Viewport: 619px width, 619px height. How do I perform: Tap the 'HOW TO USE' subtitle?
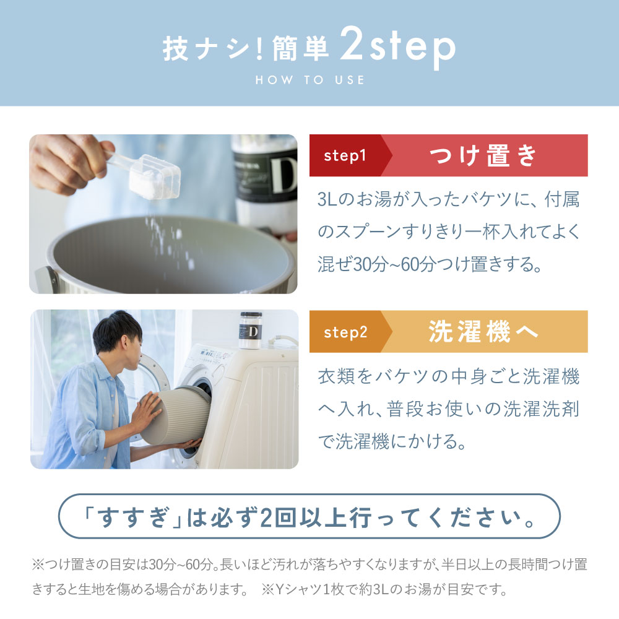310,80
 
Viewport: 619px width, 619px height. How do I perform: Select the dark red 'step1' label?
345,155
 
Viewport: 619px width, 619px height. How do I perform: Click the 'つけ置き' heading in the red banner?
483,155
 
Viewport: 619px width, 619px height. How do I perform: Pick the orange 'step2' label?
345,332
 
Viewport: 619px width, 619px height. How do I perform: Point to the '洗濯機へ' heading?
483,331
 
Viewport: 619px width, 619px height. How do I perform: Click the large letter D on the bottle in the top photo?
284,175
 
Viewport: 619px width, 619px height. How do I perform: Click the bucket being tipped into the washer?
176,416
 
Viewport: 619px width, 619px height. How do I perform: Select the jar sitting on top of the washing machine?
250,330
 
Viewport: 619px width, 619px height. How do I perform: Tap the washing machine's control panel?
215,357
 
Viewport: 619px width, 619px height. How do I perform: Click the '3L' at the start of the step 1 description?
327,199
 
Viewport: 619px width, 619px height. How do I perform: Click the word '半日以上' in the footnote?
467,565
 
